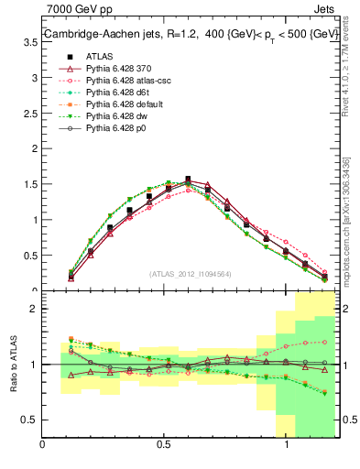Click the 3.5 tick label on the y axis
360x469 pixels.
pyautogui.click(x=29, y=78)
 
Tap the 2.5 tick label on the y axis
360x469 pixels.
pyautogui.click(x=29, y=149)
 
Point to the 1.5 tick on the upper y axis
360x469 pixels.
pyautogui.click(x=29, y=184)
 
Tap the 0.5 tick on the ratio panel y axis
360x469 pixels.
pyautogui.click(x=29, y=420)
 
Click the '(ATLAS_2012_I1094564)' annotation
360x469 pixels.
pyautogui.click(x=191, y=273)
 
